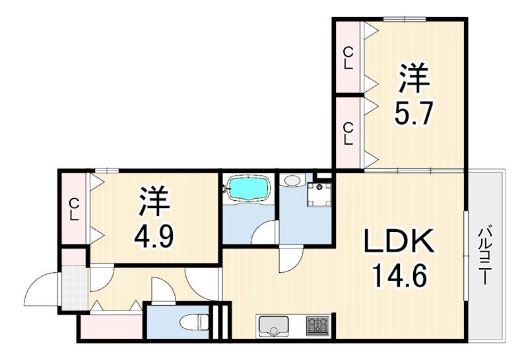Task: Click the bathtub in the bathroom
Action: pos(248,188)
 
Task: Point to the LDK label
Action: pos(399,242)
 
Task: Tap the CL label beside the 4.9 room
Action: pos(74,210)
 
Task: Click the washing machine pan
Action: pos(320,194)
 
